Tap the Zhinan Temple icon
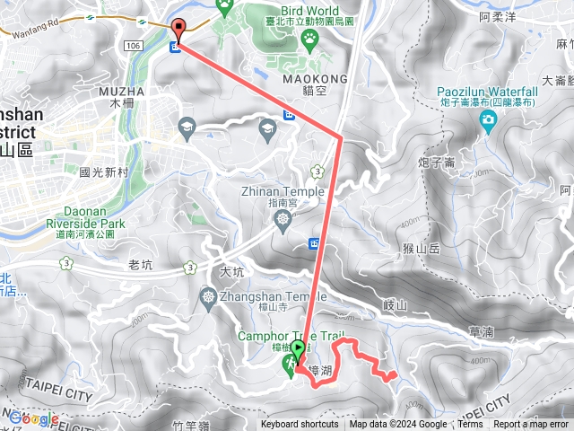coord(283,218)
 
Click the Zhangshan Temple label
coord(267,297)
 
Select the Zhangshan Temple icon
coord(209,295)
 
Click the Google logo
coord(34,418)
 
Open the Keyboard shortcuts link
coord(300,425)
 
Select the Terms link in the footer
coord(470,425)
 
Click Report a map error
coord(532,425)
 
